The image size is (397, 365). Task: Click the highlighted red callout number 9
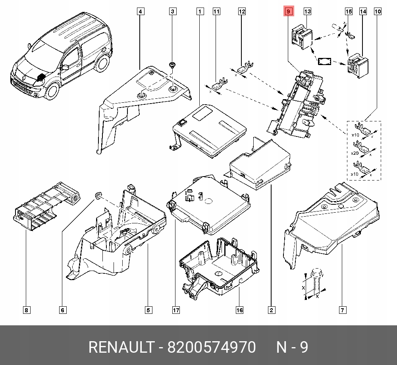[x=288, y=12]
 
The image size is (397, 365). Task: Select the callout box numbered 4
[x=140, y=12]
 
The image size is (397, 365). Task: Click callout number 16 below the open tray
[x=239, y=310]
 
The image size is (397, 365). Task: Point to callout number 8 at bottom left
[x=26, y=310]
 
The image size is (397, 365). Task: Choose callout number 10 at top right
[x=377, y=12]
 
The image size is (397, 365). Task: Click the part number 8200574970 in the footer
[x=212, y=348]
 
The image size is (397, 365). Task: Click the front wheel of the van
[x=52, y=91]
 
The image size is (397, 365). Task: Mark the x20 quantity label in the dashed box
[x=355, y=153]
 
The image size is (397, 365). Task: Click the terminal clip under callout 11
[x=218, y=85]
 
